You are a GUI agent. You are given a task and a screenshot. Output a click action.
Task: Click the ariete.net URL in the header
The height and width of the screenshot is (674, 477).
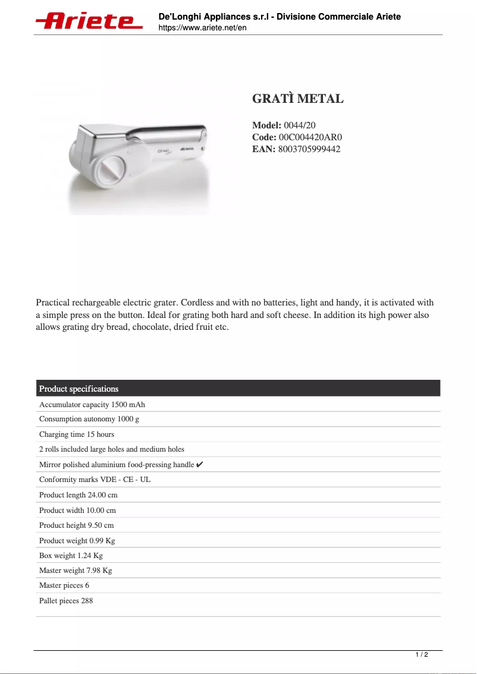coord(202,28)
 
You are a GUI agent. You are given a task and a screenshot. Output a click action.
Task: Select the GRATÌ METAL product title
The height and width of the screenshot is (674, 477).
coord(297,99)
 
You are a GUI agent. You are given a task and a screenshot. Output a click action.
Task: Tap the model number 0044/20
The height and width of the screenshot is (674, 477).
coord(299,125)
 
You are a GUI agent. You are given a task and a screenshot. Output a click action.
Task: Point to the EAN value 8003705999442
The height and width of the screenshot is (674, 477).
coord(309,149)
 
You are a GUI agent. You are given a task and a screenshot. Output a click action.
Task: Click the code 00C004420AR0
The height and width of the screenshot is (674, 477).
coord(310,137)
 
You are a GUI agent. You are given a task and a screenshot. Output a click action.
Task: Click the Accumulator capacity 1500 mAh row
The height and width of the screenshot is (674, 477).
coord(92,405)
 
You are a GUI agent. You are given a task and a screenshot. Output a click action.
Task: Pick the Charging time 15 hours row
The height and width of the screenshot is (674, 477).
coord(77,434)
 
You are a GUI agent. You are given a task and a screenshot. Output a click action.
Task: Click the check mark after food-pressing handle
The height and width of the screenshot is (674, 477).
coord(200,464)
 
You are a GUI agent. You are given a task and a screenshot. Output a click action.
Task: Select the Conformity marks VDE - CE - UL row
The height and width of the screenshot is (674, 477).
coord(95,480)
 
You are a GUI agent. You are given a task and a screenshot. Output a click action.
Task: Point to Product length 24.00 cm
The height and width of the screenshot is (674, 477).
coord(79,495)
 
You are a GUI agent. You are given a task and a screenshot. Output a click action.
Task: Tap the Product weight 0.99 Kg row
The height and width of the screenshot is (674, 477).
coord(77,541)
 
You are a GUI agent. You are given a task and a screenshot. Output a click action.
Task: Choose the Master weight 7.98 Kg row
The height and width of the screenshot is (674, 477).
coord(76,571)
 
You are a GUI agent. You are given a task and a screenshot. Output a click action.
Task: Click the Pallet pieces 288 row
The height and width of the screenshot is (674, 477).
coord(66,601)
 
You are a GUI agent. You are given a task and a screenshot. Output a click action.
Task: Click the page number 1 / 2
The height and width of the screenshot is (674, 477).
coord(421,655)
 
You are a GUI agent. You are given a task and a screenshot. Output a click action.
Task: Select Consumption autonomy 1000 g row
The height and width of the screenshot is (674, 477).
coord(89,419)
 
